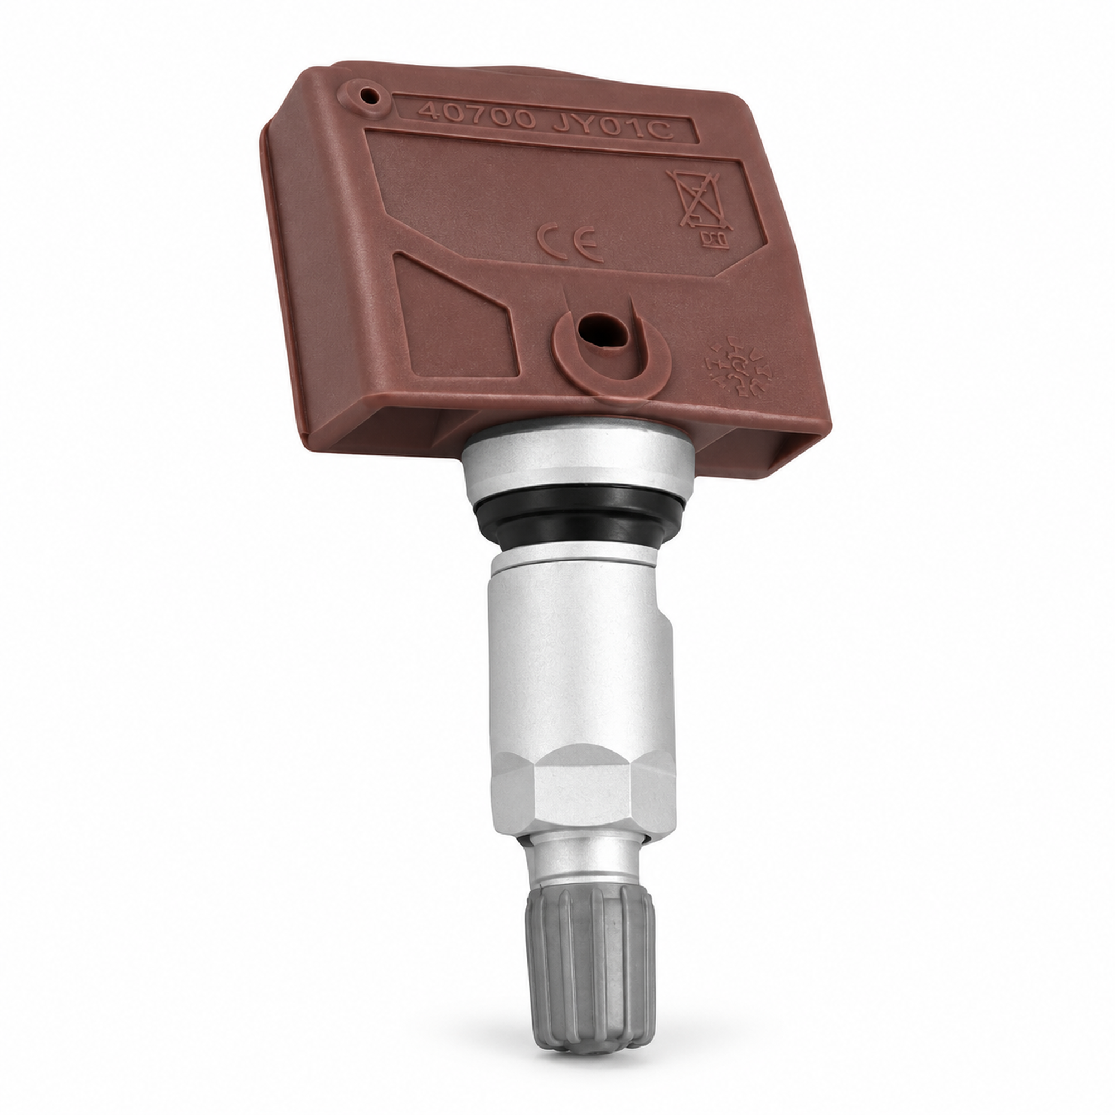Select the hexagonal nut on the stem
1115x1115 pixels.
coord(583,796)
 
